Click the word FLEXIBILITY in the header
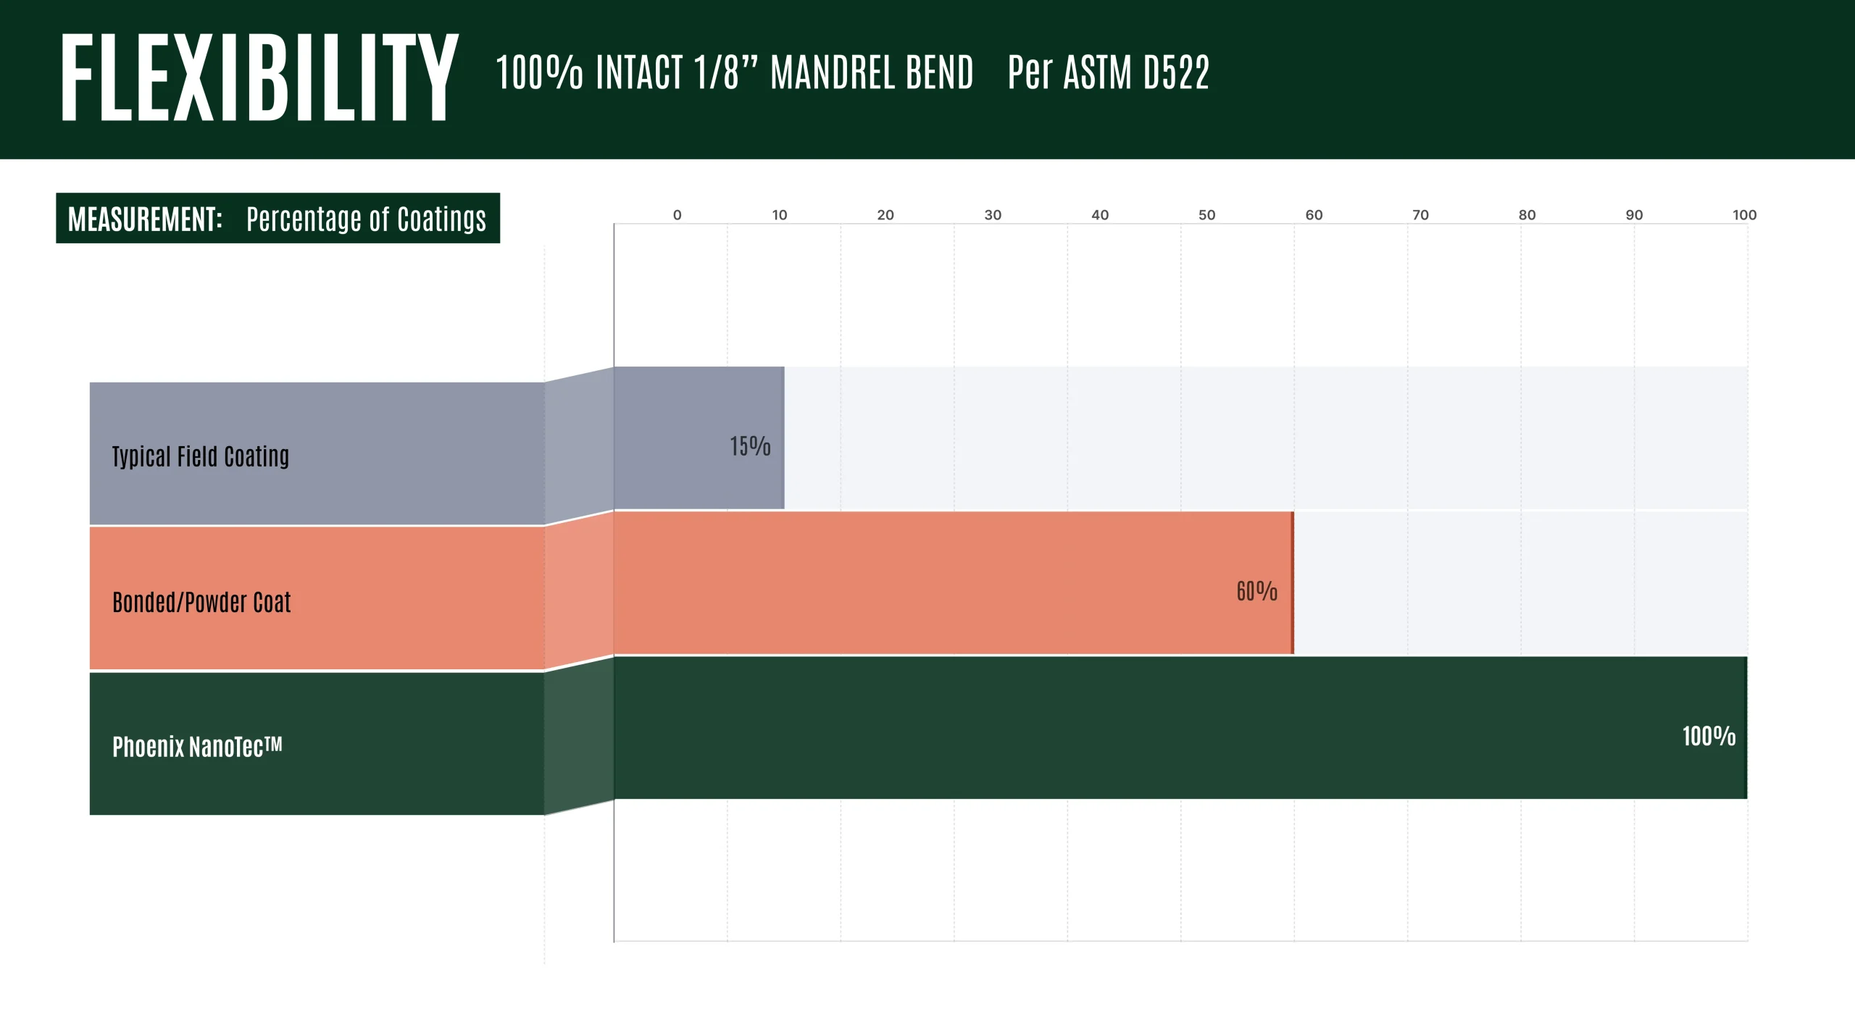pyautogui.click(x=259, y=78)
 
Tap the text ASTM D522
pyautogui.click(x=1135, y=72)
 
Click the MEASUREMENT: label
pyautogui.click(x=145, y=219)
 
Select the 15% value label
pyautogui.click(x=750, y=446)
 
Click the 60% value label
pyautogui.click(x=1256, y=591)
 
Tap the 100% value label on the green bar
pyautogui.click(x=1709, y=736)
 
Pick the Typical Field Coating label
pyautogui.click(x=201, y=456)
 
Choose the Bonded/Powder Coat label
pyautogui.click(x=201, y=602)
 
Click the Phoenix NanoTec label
pyautogui.click(x=197, y=747)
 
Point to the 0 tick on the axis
pyautogui.click(x=677, y=215)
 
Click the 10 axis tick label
pyautogui.click(x=779, y=215)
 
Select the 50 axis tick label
pyautogui.click(x=1206, y=215)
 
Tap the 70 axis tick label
pyautogui.click(x=1420, y=215)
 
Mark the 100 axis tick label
pyautogui.click(x=1744, y=215)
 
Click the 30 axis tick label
pyautogui.click(x=993, y=215)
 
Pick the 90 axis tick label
pyautogui.click(x=1634, y=215)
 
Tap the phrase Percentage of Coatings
pyautogui.click(x=366, y=219)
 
